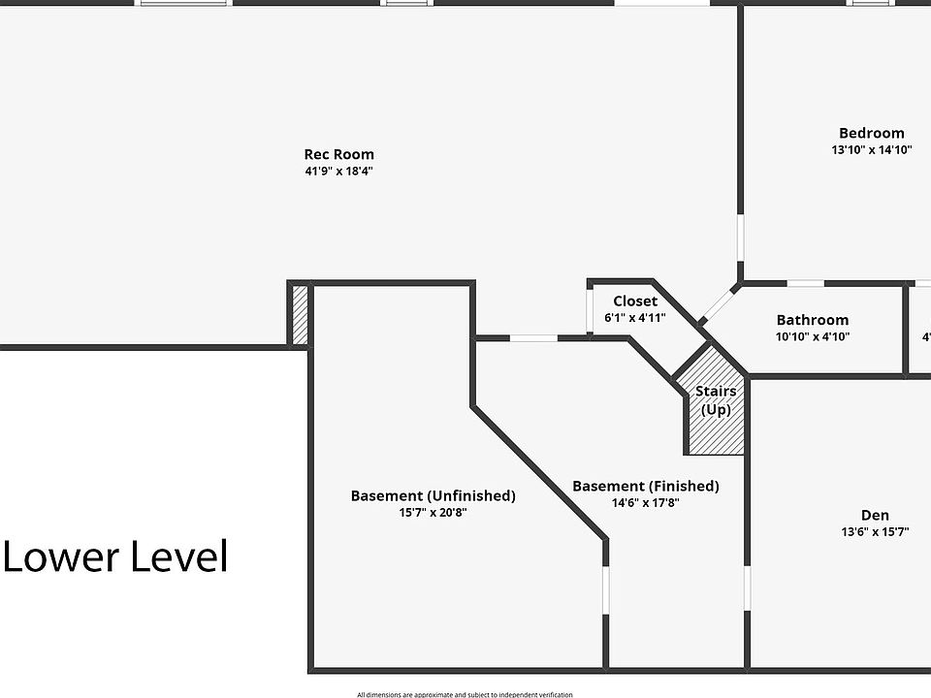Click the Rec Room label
click(338, 154)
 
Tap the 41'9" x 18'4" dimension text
click(338, 172)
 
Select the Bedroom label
click(871, 133)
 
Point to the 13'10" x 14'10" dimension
click(871, 150)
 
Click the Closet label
click(634, 301)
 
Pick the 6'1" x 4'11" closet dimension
click(634, 318)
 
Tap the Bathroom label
click(812, 320)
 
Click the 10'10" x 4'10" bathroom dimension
click(812, 337)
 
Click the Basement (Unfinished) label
click(433, 495)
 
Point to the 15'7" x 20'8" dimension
click(433, 513)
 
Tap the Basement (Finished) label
click(645, 486)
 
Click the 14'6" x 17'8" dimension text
click(645, 503)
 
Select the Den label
click(874, 515)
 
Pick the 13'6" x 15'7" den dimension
click(874, 532)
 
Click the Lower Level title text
click(115, 557)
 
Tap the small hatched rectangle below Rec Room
click(300, 313)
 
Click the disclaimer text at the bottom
click(465, 694)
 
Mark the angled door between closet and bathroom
click(718, 302)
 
